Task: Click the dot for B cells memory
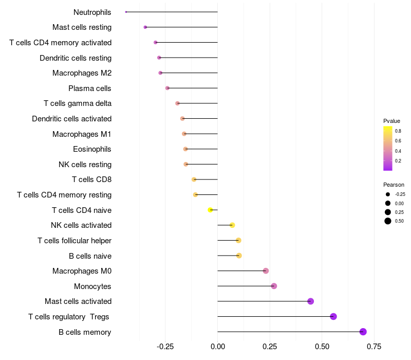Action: point(363,332)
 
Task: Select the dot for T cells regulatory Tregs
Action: point(333,316)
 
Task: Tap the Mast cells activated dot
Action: point(310,301)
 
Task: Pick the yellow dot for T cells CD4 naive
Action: point(210,210)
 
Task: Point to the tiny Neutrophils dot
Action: point(126,12)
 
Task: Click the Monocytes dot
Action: point(274,286)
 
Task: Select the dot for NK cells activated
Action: point(232,225)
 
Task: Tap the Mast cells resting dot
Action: point(145,27)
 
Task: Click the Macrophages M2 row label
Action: point(82,73)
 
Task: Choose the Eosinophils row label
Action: point(92,149)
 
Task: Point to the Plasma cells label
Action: point(89,88)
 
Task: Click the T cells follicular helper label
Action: point(74,241)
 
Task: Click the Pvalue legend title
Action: point(391,121)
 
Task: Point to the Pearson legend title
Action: point(394,185)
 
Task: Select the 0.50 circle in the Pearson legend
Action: point(388,221)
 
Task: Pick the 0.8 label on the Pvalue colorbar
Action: point(398,131)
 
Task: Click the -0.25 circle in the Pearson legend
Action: point(388,194)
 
